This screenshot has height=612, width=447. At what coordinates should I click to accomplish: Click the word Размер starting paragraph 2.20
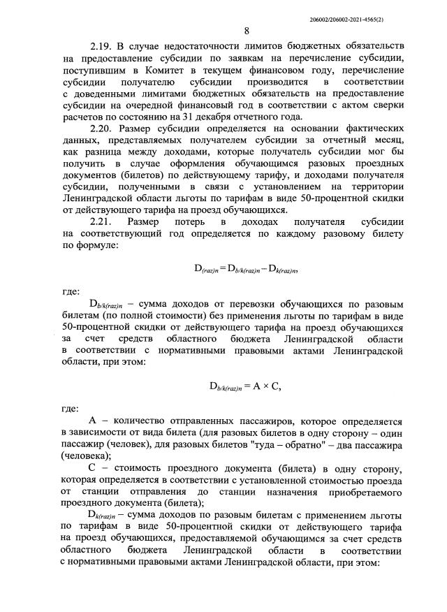coord(138,129)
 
